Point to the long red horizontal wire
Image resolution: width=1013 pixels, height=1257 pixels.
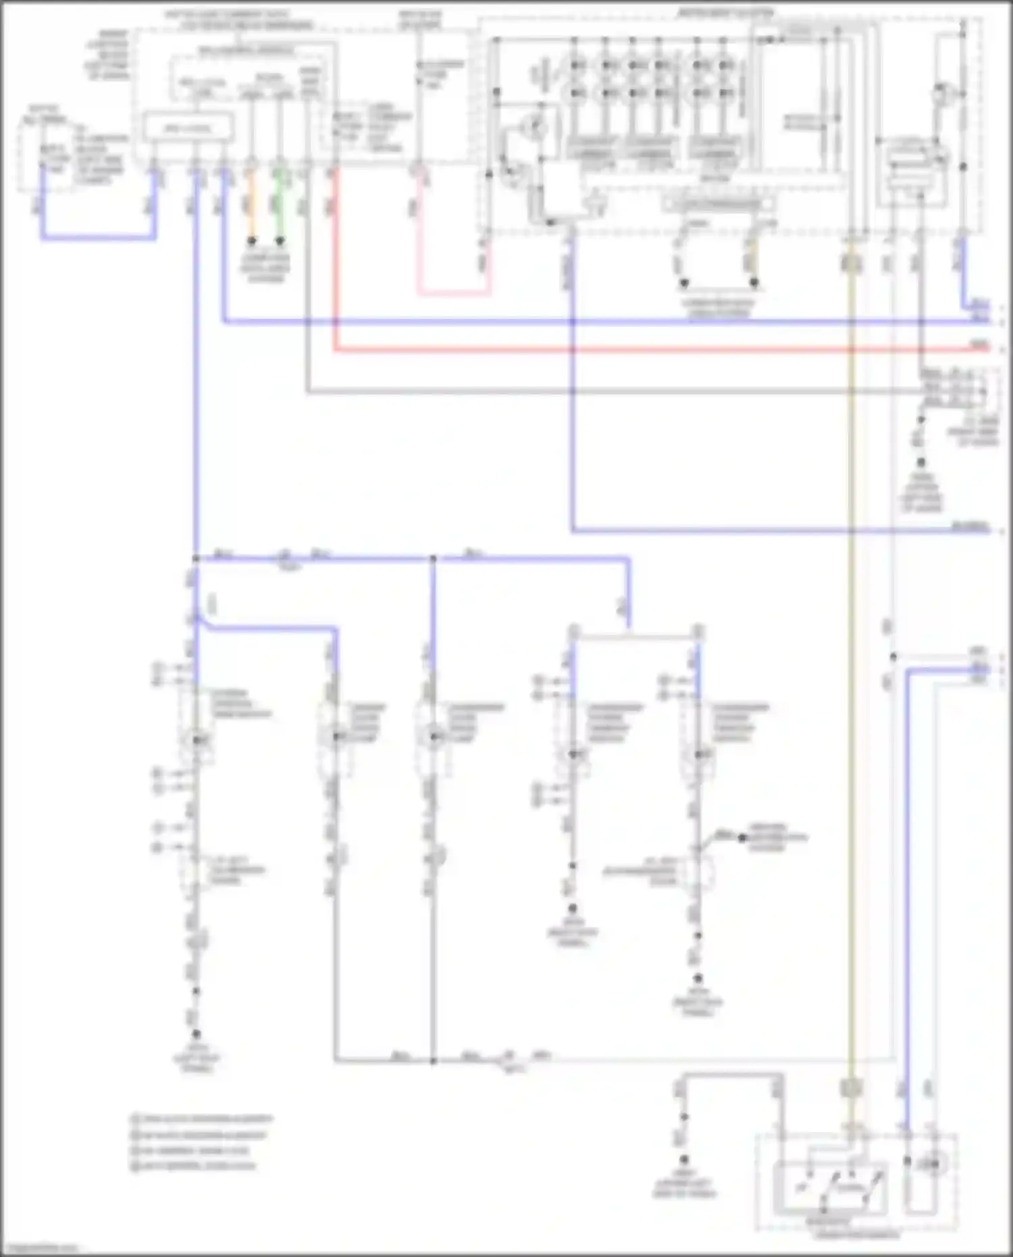[x=608, y=350]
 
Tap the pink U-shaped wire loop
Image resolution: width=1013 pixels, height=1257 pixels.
[x=452, y=294]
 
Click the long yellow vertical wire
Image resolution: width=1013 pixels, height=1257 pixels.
[x=850, y=675]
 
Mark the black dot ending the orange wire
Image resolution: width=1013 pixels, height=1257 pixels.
[x=251, y=240]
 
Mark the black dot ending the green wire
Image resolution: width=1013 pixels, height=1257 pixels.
[x=280, y=240]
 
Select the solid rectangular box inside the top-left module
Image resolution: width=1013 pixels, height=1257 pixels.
[x=188, y=128]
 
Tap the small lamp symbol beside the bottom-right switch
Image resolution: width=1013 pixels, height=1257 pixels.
[x=932, y=1163]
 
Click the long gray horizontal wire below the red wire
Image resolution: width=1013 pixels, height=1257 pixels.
[x=608, y=391]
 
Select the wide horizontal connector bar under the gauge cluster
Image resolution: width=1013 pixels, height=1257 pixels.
[x=719, y=203]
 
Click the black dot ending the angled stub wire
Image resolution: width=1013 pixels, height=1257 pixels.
[x=742, y=838]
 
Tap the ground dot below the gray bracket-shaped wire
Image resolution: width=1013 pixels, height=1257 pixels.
[x=683, y=1160]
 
